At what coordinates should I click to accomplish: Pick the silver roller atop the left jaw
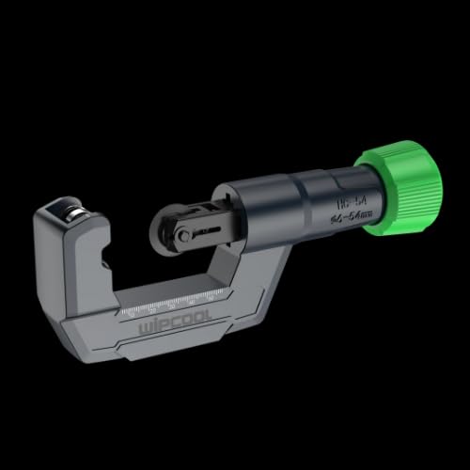point(69,211)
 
